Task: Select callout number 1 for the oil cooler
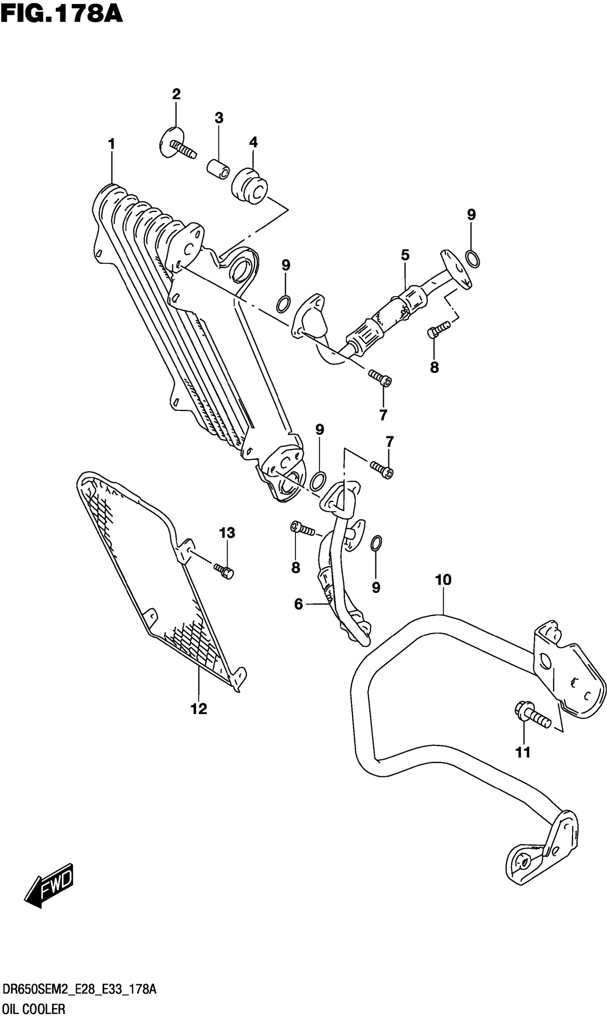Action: click(111, 144)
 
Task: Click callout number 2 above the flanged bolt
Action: click(176, 95)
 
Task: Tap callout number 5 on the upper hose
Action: click(405, 255)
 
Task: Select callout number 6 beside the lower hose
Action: click(299, 604)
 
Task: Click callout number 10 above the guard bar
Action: click(443, 580)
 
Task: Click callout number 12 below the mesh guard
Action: click(199, 708)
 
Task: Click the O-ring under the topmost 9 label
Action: click(473, 259)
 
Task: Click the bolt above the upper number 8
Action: click(438, 329)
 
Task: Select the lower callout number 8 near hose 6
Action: click(296, 567)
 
